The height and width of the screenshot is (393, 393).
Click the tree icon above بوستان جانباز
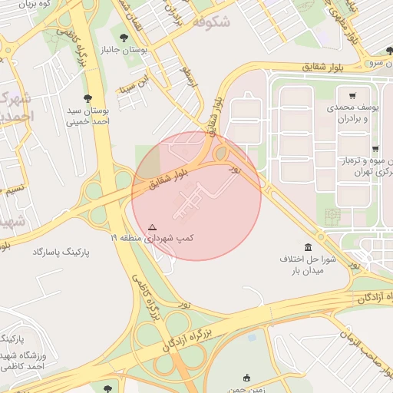[x=124, y=37]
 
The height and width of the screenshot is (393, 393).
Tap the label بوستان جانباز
[x=124, y=50]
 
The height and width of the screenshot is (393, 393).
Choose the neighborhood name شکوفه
[x=212, y=22]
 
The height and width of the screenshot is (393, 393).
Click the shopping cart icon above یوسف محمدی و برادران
[x=352, y=96]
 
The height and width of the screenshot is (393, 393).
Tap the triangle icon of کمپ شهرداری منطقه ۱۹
[x=152, y=227]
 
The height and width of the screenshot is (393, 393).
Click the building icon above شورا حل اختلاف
[x=309, y=247]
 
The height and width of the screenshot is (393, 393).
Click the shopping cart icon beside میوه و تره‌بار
[x=375, y=149]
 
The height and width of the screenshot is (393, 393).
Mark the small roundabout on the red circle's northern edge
[x=221, y=154]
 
